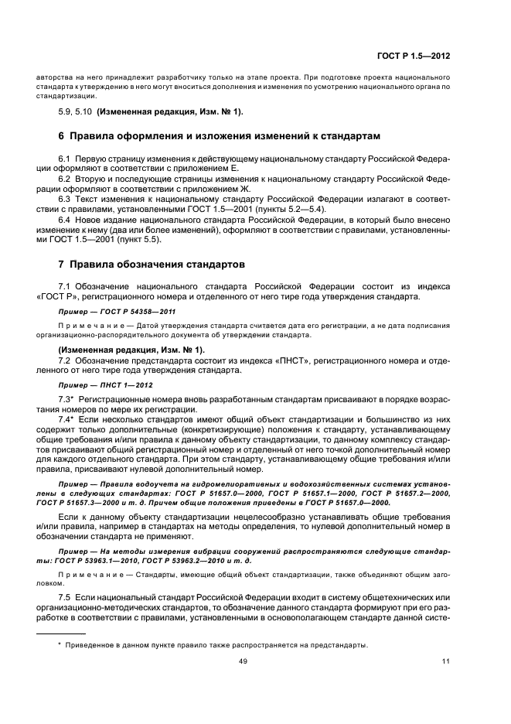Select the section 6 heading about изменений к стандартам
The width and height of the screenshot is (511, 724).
[x=209, y=136]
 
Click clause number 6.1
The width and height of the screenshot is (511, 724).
[x=65, y=158]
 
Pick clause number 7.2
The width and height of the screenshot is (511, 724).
[x=65, y=360]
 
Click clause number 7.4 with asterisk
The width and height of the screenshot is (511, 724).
[x=66, y=418]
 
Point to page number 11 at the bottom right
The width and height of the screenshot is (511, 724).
[x=445, y=661]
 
